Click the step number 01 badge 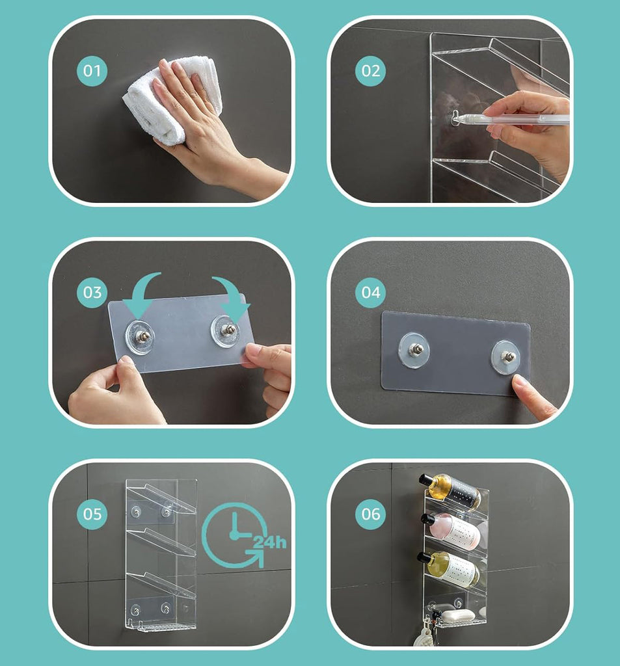pyautogui.click(x=92, y=70)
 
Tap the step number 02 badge pyautogui.click(x=371, y=70)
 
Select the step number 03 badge pyautogui.click(x=92, y=292)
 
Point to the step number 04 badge pyautogui.click(x=371, y=292)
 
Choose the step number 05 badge pyautogui.click(x=92, y=514)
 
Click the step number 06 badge pyautogui.click(x=371, y=514)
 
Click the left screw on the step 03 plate pyautogui.click(x=142, y=337)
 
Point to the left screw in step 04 pyautogui.click(x=415, y=349)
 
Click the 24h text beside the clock pyautogui.click(x=270, y=542)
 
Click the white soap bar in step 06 pyautogui.click(x=458, y=615)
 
